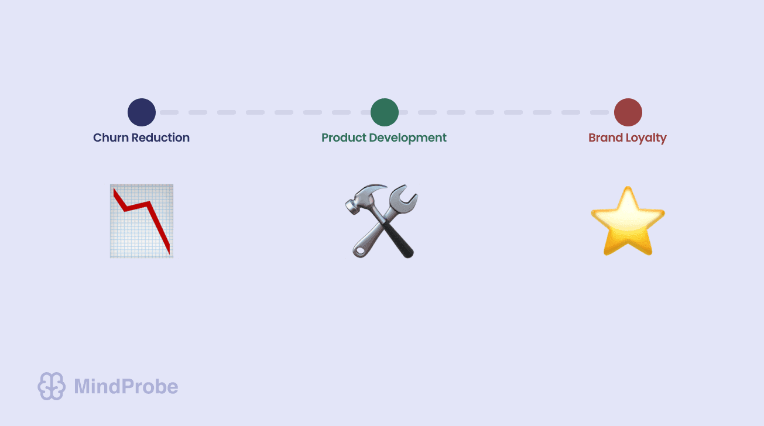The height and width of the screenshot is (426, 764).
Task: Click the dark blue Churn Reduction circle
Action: [142, 112]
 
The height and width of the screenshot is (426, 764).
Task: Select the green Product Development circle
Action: [385, 112]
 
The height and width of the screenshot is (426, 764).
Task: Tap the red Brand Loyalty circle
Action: [628, 112]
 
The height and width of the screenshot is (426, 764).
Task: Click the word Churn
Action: [111, 138]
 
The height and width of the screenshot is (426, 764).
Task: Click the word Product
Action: [344, 138]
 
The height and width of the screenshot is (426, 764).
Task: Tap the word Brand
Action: [605, 138]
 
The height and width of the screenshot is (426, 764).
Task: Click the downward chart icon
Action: [142, 221]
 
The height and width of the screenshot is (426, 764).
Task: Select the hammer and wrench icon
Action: [382, 221]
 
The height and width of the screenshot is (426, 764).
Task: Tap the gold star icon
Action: [628, 222]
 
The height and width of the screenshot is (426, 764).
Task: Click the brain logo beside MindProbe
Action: [51, 386]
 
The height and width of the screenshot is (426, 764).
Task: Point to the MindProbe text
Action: [126, 386]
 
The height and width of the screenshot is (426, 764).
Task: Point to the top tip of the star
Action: [628, 190]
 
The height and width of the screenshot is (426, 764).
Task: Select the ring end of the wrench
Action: [359, 250]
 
